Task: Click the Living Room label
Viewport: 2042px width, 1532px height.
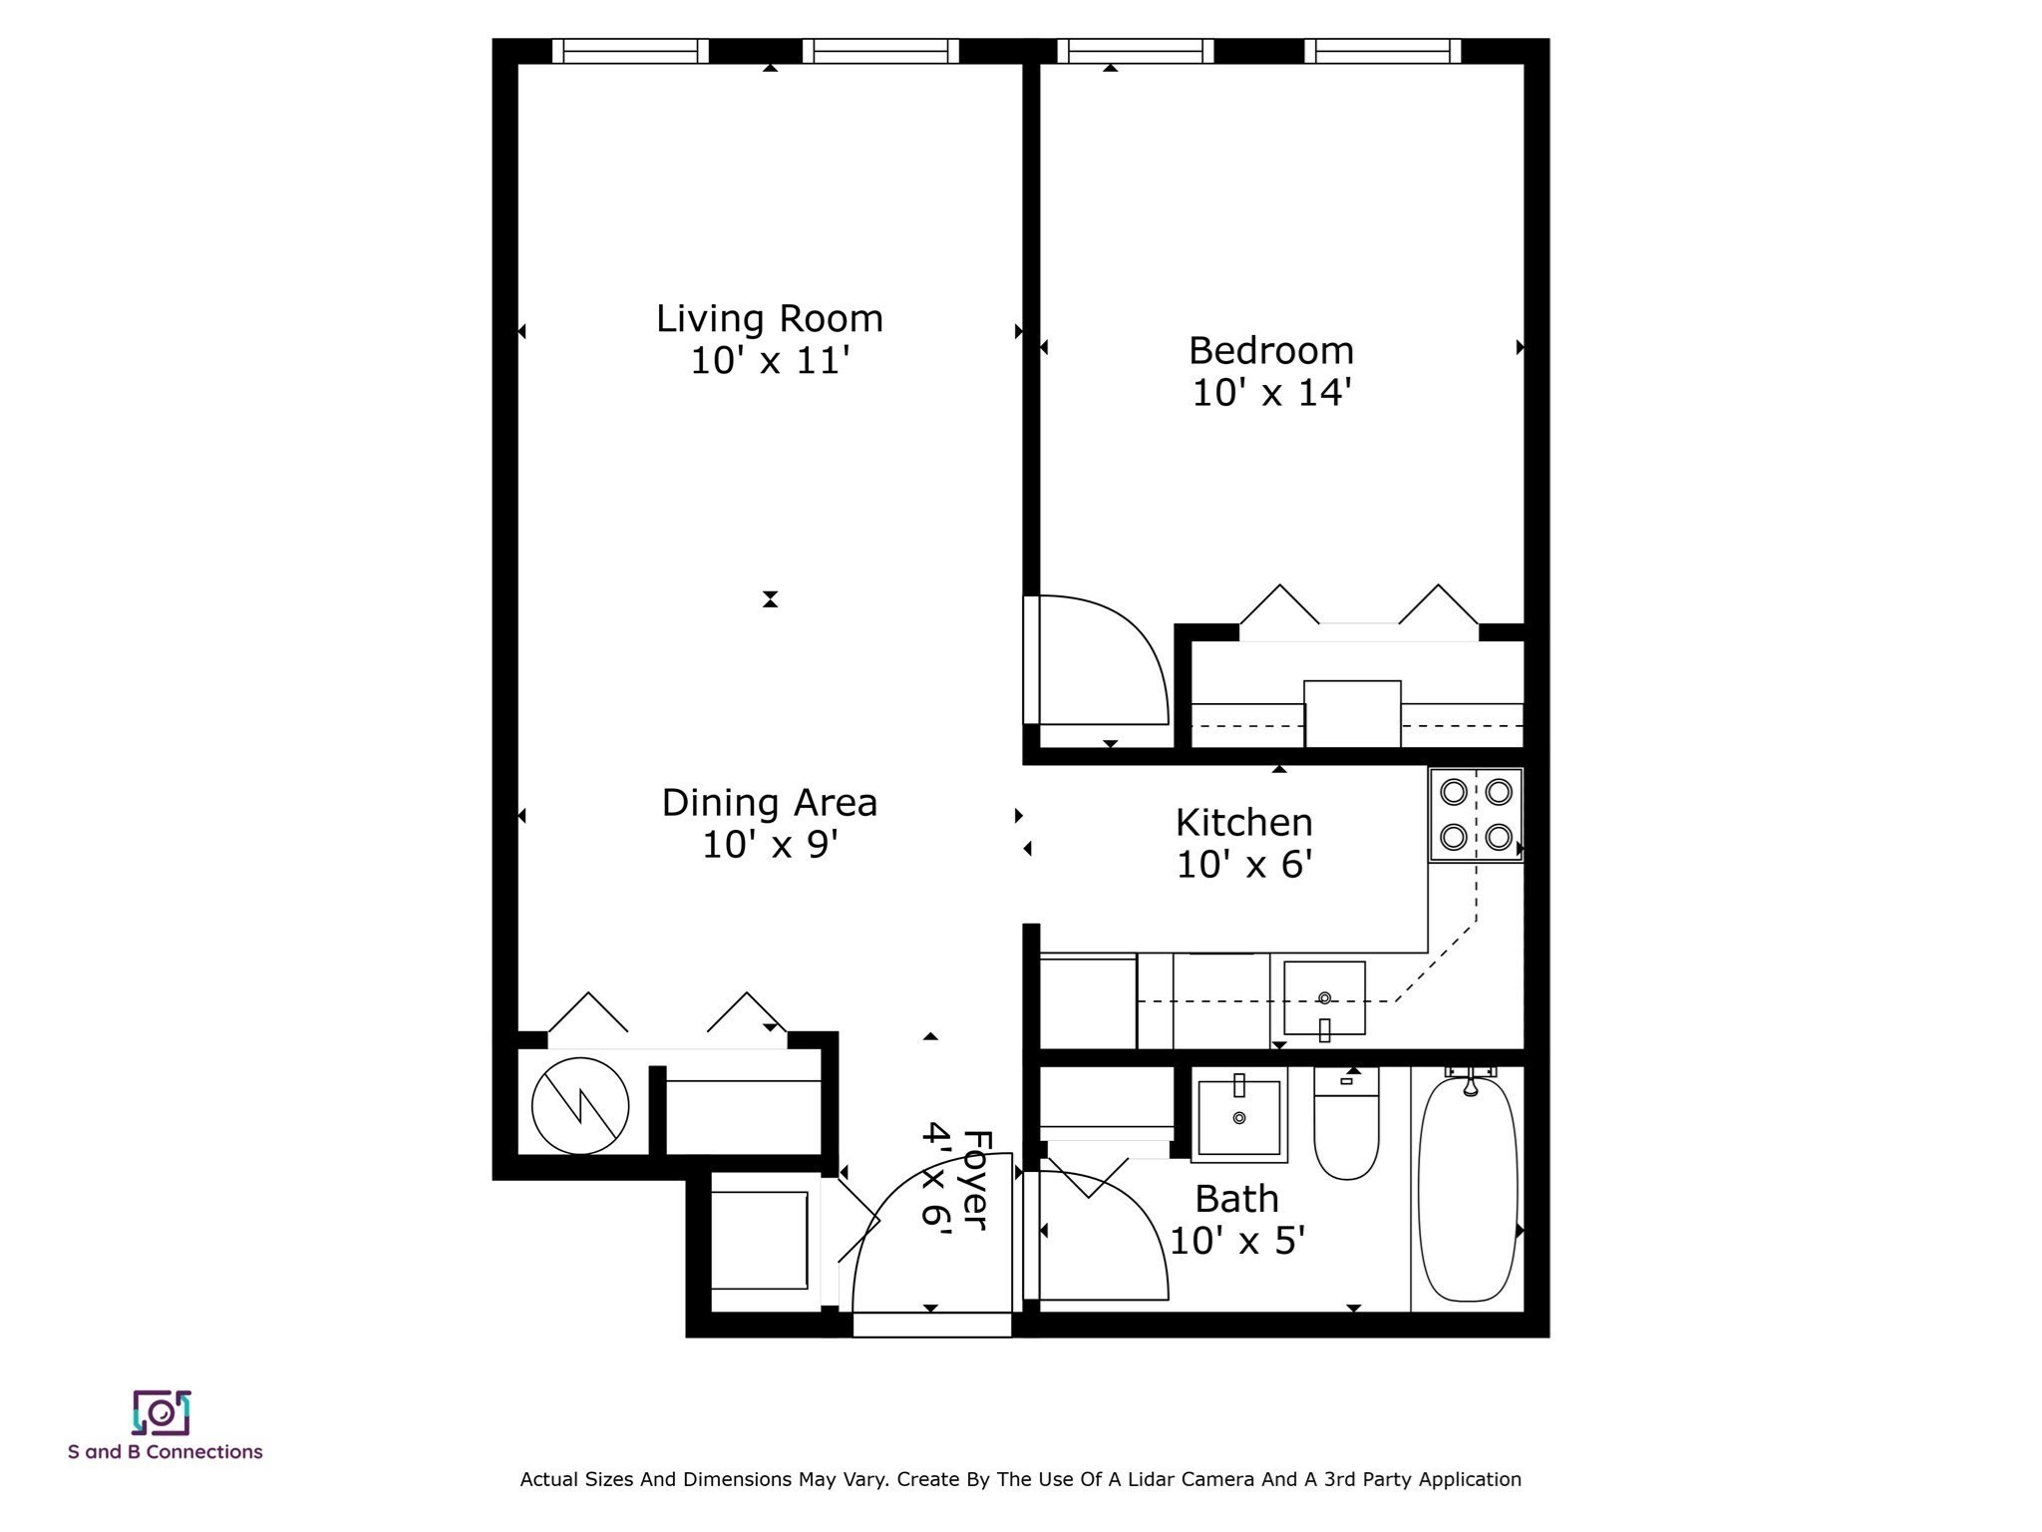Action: tap(769, 319)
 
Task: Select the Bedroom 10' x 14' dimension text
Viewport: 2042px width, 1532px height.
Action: tap(1270, 393)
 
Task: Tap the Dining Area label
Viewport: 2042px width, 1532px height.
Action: tap(769, 803)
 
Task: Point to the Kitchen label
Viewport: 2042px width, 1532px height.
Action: tap(1243, 823)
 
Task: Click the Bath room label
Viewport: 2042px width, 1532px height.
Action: tap(1236, 1199)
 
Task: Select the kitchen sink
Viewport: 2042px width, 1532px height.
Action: tap(1323, 998)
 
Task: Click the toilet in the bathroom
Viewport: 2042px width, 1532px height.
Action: tap(1346, 1127)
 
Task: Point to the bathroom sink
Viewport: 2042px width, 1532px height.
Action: tap(1239, 1117)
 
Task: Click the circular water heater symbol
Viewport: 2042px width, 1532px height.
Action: tap(580, 1105)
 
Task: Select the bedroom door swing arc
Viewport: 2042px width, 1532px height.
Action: tap(1107, 658)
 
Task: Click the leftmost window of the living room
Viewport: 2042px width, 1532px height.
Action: tap(630, 51)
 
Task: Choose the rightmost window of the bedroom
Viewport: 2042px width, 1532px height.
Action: tap(1382, 51)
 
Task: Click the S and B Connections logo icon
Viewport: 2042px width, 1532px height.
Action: tap(162, 1412)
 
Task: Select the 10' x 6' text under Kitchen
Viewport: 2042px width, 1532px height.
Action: tap(1243, 865)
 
